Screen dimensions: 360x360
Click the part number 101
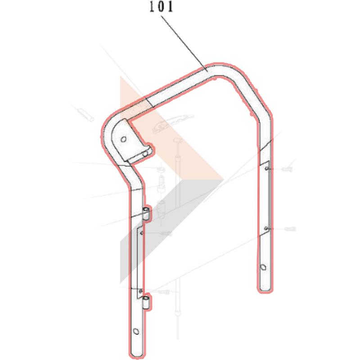[x=161, y=7]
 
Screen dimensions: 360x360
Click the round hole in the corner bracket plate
[x=123, y=139]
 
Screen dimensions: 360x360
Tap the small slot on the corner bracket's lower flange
[x=145, y=154]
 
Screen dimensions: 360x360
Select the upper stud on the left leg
[x=146, y=213]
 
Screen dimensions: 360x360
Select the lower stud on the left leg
[x=146, y=302]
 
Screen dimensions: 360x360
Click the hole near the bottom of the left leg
[x=136, y=331]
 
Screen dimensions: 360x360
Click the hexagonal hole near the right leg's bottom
[x=263, y=267]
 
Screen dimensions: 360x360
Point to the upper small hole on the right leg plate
[x=266, y=169]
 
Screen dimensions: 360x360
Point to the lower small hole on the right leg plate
[x=266, y=228]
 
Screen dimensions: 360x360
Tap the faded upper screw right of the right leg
[x=287, y=170]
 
